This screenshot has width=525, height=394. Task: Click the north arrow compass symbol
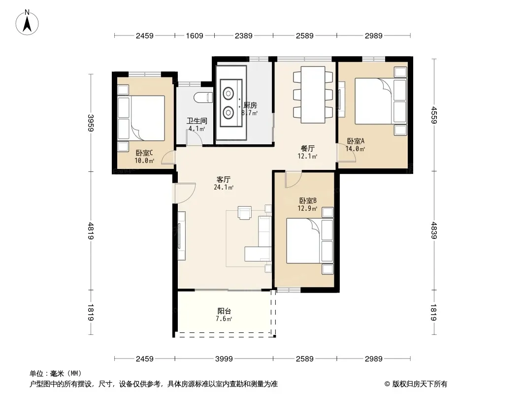(x=27, y=23)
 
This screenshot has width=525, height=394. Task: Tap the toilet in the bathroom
(x=203, y=97)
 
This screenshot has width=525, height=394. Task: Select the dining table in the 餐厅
(x=313, y=95)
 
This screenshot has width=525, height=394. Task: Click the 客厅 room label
(x=223, y=179)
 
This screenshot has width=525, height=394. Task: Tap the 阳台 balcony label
(x=224, y=311)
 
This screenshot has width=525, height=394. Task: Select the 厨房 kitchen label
(x=250, y=105)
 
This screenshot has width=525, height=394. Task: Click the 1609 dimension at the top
(x=195, y=35)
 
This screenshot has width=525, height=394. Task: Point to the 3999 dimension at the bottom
(x=224, y=359)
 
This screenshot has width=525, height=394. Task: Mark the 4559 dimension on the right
(x=434, y=115)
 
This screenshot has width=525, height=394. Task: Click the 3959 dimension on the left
(x=91, y=123)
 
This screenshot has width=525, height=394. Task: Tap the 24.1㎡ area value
(x=223, y=188)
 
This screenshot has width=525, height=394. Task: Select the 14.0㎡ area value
(x=355, y=149)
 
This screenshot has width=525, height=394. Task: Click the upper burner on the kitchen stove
(x=229, y=94)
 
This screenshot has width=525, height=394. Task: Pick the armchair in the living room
(x=244, y=213)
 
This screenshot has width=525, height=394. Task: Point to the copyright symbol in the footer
(x=387, y=384)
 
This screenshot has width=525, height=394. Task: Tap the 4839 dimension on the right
(x=434, y=230)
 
